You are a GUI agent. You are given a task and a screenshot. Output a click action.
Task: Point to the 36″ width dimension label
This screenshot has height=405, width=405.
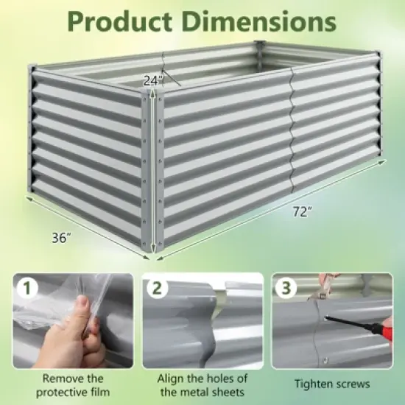(x=61, y=238)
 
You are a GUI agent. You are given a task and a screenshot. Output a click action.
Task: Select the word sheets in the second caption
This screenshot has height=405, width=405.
(x=230, y=391)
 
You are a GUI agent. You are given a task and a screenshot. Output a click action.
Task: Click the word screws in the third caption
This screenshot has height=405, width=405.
(x=353, y=384)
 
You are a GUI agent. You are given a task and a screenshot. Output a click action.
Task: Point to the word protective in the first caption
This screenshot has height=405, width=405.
(x=63, y=391)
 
